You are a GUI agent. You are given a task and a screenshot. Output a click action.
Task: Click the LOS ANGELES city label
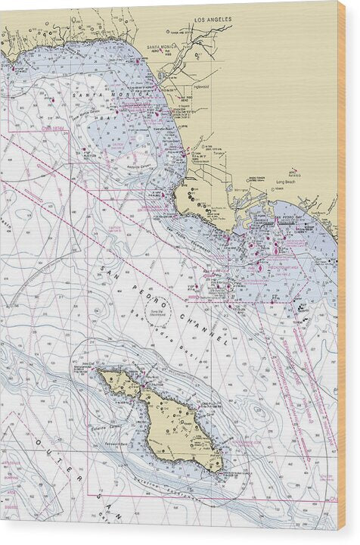213,20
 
